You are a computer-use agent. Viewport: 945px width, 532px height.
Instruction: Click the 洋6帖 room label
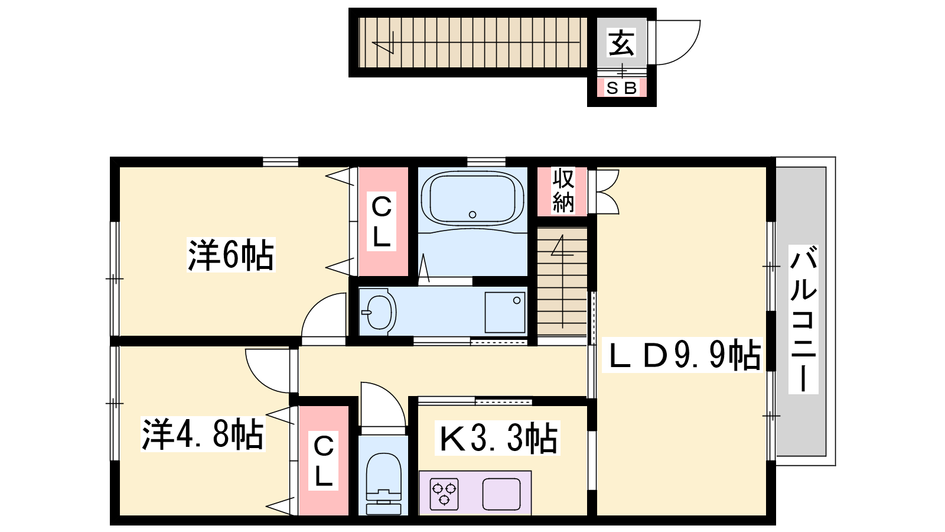231,255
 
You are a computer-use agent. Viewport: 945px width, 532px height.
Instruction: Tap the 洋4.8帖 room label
203,434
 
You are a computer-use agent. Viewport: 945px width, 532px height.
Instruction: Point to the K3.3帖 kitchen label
498,438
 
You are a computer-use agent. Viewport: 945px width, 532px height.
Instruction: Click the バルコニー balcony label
803,320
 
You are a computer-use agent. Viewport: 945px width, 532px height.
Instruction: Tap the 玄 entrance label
621,43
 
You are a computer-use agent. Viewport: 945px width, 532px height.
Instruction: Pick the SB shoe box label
621,88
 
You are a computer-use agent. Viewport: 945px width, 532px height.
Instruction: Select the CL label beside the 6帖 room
382,222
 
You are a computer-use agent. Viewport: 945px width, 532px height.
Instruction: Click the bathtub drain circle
472,215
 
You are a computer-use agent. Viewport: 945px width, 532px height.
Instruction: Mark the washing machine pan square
506,313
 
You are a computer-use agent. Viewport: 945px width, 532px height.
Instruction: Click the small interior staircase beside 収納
562,281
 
